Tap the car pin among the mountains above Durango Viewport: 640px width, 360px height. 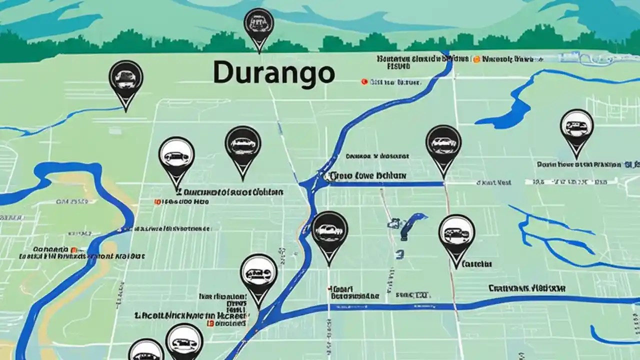coord(258,25)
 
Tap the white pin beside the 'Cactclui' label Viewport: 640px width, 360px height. coord(456,235)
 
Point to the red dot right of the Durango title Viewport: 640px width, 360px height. coord(364,81)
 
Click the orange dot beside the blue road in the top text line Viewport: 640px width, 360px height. coord(476,59)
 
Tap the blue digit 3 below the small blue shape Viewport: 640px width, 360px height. coord(399,254)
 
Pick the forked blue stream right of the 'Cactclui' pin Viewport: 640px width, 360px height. coord(550,235)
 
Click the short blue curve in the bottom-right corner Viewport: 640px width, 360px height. coord(607,337)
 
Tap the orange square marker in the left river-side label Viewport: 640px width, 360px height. coord(74,249)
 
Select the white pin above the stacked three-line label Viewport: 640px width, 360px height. coord(258,274)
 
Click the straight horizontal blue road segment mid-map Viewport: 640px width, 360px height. coord(385,184)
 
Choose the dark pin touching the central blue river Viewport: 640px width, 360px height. coord(329,232)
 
